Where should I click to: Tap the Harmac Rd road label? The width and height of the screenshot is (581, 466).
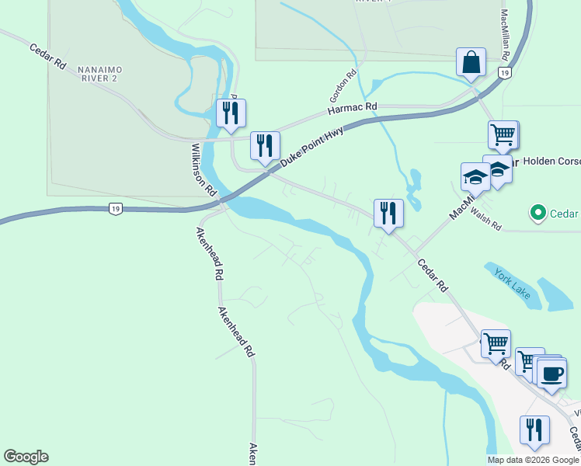point(352,107)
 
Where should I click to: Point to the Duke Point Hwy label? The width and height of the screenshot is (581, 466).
point(311,146)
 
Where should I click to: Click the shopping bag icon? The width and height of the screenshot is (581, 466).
point(471,63)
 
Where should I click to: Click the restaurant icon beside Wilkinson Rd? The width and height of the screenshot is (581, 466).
point(231,113)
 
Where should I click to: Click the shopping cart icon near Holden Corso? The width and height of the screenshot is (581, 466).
point(503,136)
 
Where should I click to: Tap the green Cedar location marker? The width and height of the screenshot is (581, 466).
point(537,212)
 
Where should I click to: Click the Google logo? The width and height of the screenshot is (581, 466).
point(26,457)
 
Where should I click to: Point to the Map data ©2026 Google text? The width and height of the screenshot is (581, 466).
point(534,460)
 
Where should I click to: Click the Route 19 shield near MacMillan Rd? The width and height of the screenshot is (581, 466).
point(505,73)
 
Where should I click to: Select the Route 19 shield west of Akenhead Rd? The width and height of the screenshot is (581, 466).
point(115,209)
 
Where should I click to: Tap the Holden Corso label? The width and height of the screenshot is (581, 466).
point(551,162)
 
